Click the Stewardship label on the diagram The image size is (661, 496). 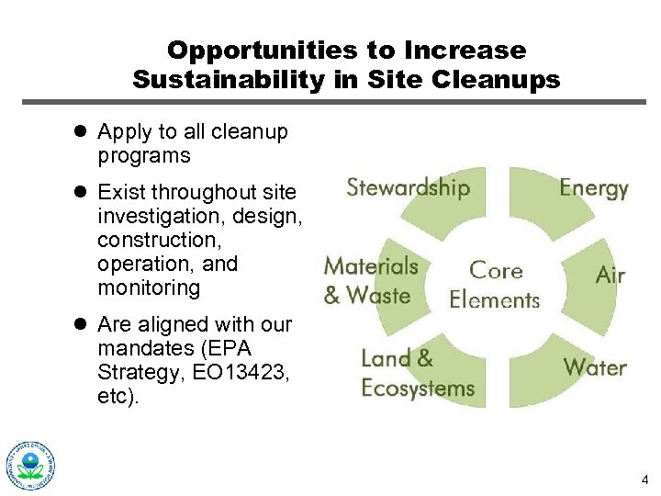coord(408,187)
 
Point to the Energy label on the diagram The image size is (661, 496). coord(593,188)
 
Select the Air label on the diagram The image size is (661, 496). coord(610,275)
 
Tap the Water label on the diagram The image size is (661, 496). coord(594,367)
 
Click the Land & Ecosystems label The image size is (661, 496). coord(417,373)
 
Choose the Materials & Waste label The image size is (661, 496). coord(370,280)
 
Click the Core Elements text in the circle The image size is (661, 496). coord(495,285)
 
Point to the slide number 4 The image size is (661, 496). coord(645,479)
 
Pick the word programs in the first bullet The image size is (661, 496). coord(144,156)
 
